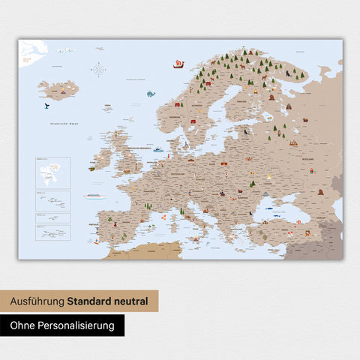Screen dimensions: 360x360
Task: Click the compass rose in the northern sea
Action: pyautogui.click(x=98, y=70)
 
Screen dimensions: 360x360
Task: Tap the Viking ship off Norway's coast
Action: pyautogui.click(x=178, y=64)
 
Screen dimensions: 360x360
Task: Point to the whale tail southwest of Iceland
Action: pyautogui.click(x=46, y=106)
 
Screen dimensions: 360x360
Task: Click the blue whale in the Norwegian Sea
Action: pyautogui.click(x=151, y=94)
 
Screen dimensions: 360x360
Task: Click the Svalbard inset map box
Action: pyautogui.click(x=52, y=172)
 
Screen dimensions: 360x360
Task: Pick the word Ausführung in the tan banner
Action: pyautogui.click(x=37, y=301)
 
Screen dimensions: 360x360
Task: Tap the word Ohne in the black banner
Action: pyautogui.click(x=24, y=325)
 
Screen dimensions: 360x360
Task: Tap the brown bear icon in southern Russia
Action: pyautogui.click(x=321, y=190)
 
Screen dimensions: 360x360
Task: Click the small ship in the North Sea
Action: pyautogui.click(x=158, y=150)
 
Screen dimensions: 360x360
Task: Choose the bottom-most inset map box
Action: pyautogui.click(x=52, y=232)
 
